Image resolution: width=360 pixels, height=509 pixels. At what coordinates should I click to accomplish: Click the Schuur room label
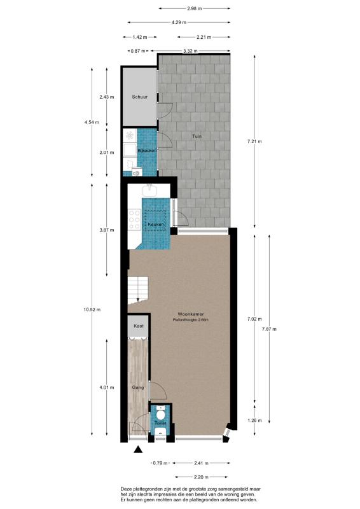click(x=139, y=97)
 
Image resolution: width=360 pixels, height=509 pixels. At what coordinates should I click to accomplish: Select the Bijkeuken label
click(x=147, y=150)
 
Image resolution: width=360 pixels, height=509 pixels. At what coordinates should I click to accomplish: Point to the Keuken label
click(x=156, y=225)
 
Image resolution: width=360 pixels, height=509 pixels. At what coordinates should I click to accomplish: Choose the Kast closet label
click(x=138, y=326)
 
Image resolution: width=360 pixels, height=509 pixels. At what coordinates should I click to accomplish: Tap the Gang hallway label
click(x=137, y=387)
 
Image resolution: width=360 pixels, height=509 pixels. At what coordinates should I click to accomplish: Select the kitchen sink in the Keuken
click(x=150, y=189)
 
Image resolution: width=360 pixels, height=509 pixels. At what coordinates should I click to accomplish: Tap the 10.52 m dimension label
click(x=92, y=310)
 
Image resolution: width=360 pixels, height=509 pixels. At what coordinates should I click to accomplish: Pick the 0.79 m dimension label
click(x=158, y=463)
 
